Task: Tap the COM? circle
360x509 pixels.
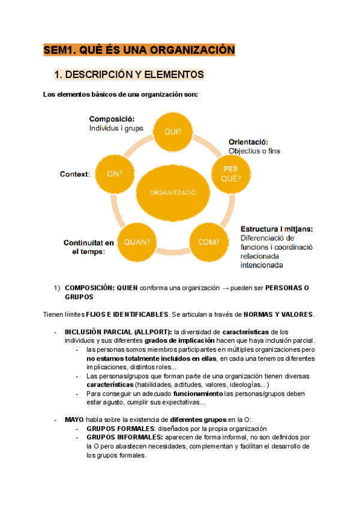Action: click(209, 242)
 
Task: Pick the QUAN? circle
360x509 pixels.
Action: click(137, 242)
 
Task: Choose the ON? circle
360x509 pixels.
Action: click(115, 174)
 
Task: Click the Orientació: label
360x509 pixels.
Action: click(248, 142)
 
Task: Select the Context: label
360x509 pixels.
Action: click(75, 174)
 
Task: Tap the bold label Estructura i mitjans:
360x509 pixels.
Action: click(277, 229)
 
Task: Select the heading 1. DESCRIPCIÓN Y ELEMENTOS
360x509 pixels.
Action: click(129, 74)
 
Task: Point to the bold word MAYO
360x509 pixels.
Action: click(76, 419)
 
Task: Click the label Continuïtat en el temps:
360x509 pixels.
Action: click(88, 247)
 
